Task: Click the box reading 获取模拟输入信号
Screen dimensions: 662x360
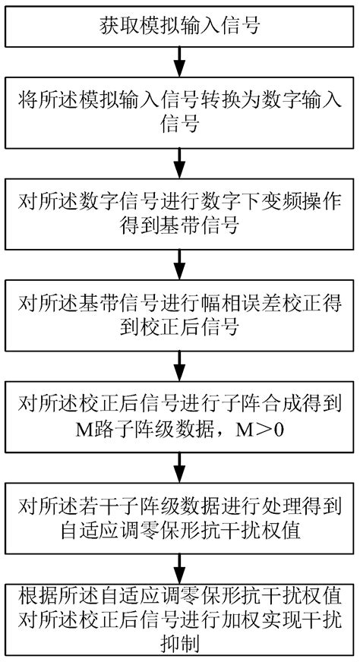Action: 179,27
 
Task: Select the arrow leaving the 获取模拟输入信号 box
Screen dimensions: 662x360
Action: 179,59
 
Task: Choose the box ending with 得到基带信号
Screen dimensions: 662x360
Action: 179,213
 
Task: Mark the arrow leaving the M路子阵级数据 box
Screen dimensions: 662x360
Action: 179,465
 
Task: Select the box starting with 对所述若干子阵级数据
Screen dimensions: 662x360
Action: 179,517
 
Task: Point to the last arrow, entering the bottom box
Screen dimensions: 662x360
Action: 179,566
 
